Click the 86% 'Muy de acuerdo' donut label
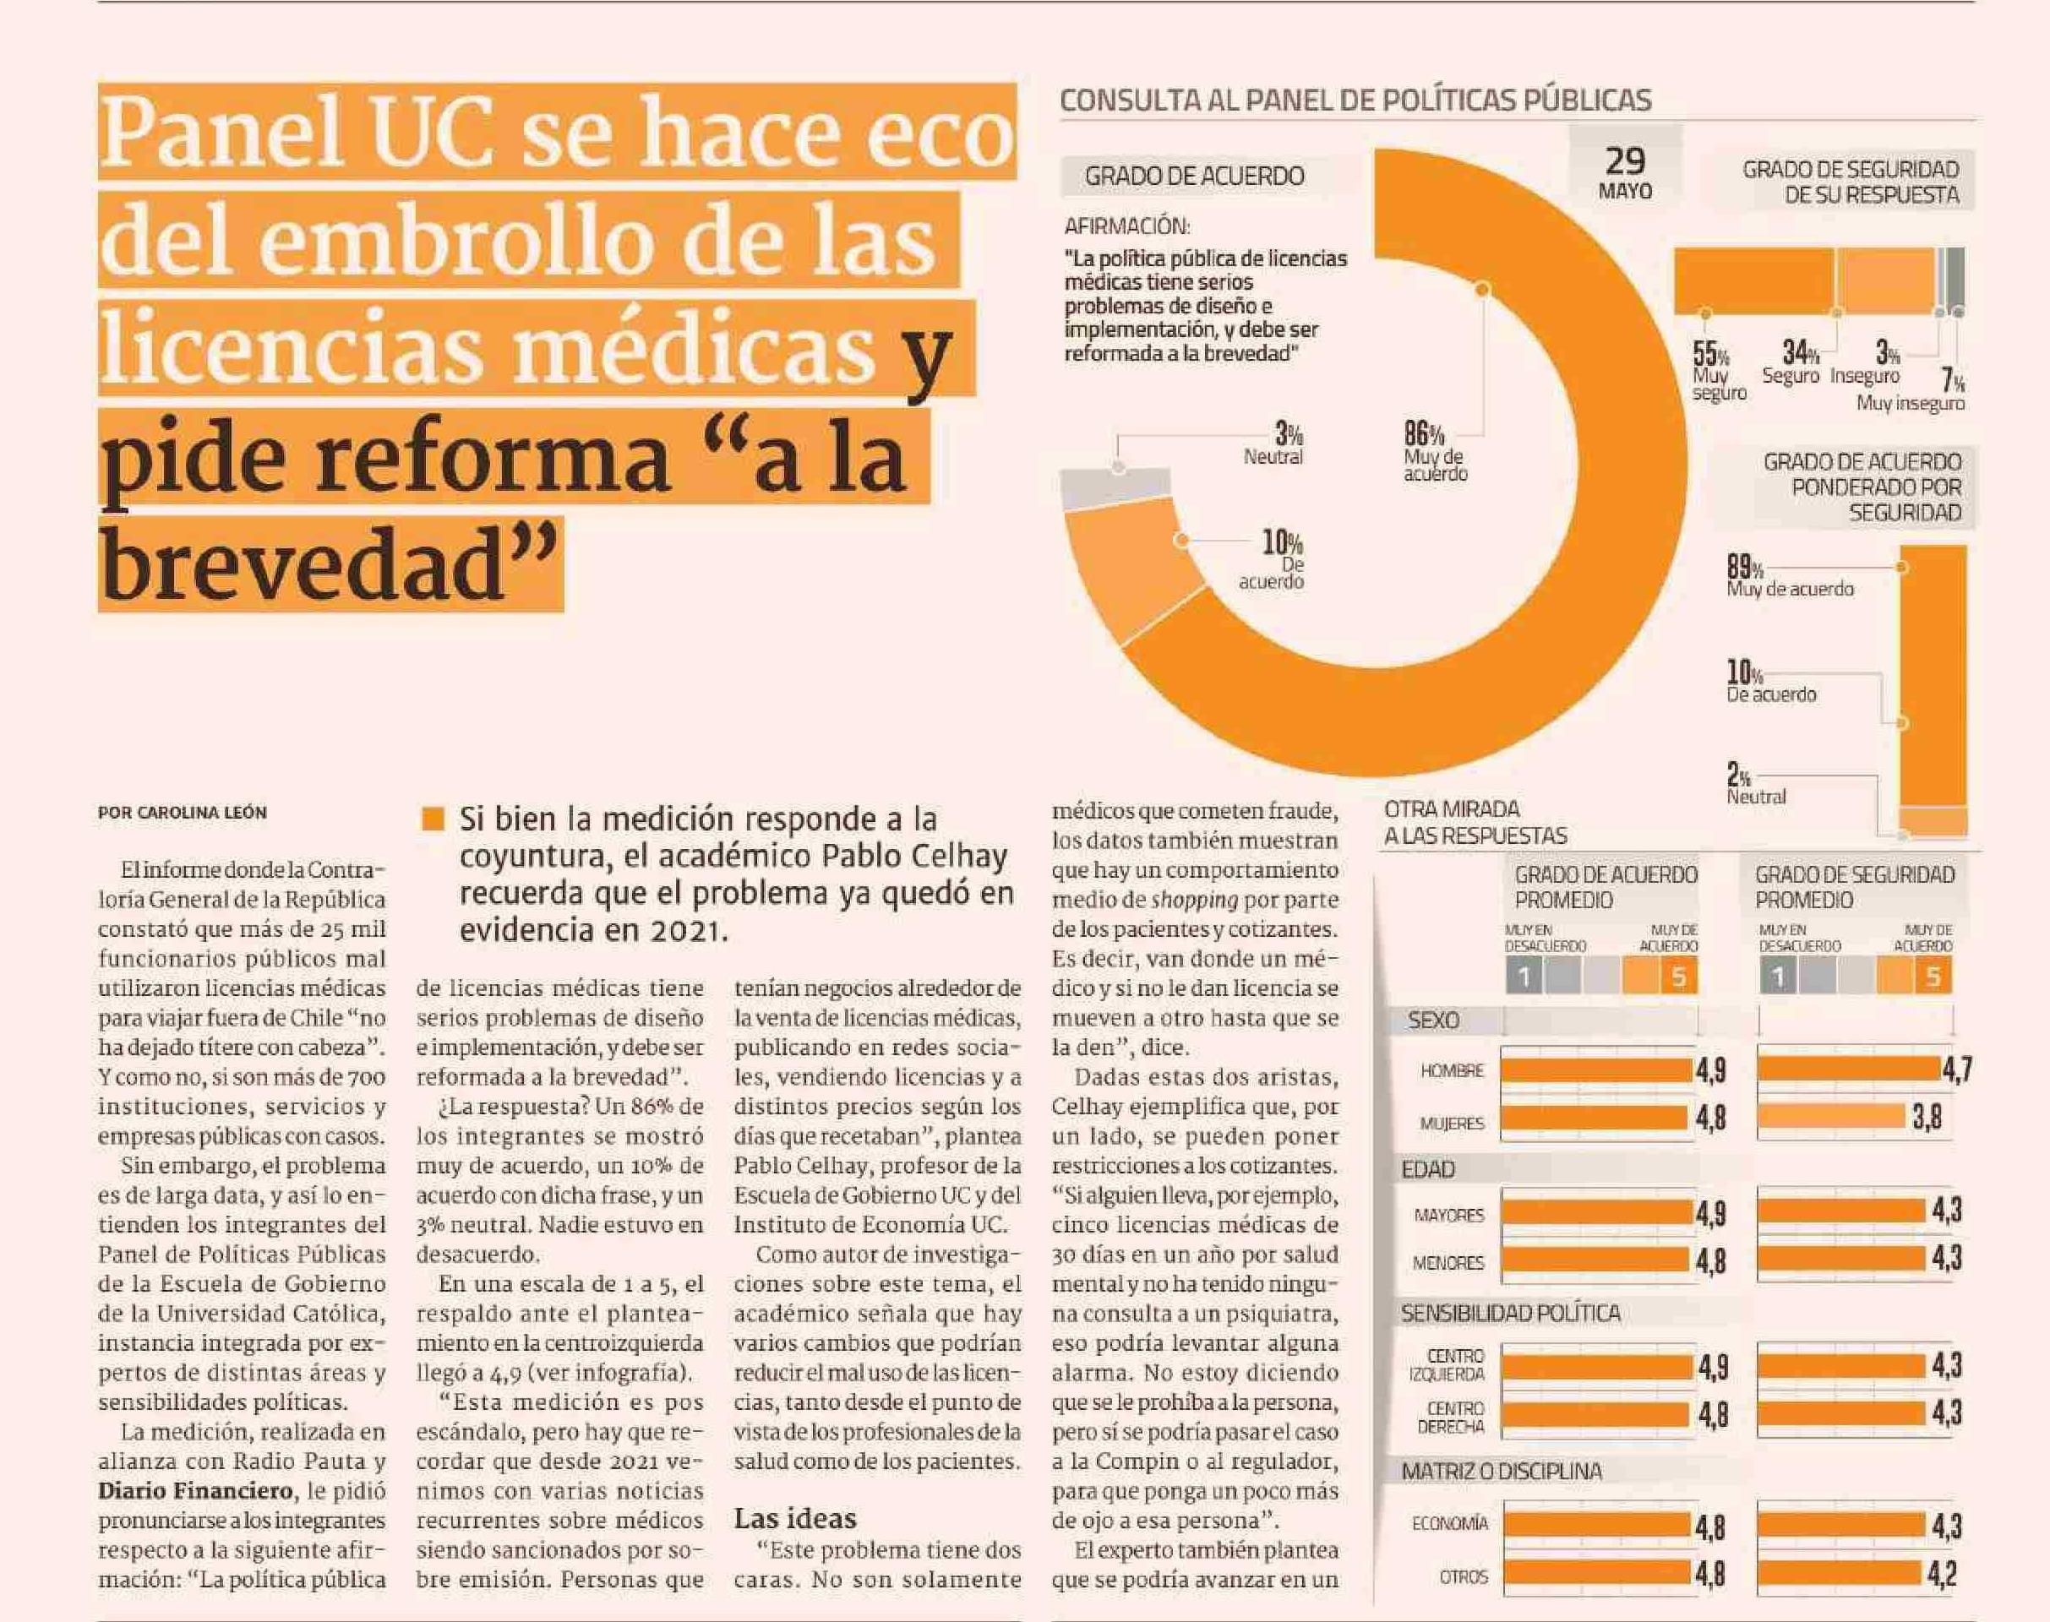point(1435,452)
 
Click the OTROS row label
point(1464,1577)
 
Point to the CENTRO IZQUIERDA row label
point(1453,1365)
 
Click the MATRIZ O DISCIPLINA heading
point(1501,1472)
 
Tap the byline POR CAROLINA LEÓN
point(183,812)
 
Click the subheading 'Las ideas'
point(795,1518)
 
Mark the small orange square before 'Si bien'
point(433,819)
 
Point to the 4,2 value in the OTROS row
point(1942,1576)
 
